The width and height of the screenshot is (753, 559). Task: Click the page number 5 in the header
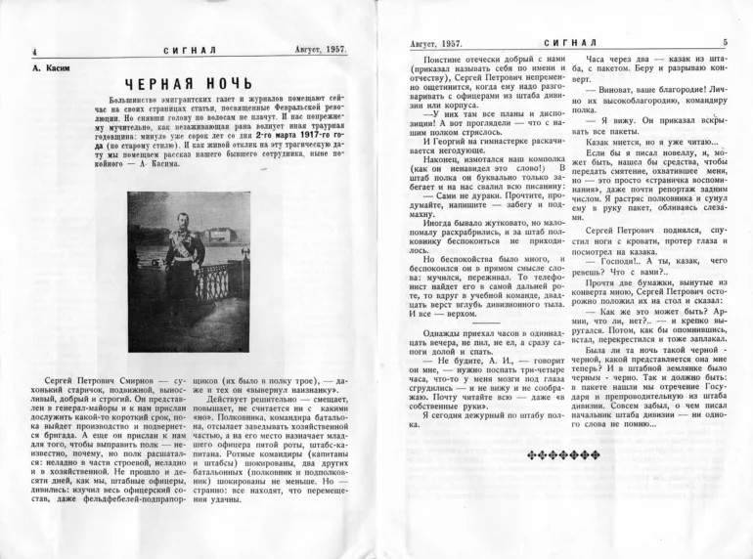pyautogui.click(x=725, y=42)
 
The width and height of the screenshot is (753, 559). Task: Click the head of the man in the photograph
pyautogui.click(x=183, y=218)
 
